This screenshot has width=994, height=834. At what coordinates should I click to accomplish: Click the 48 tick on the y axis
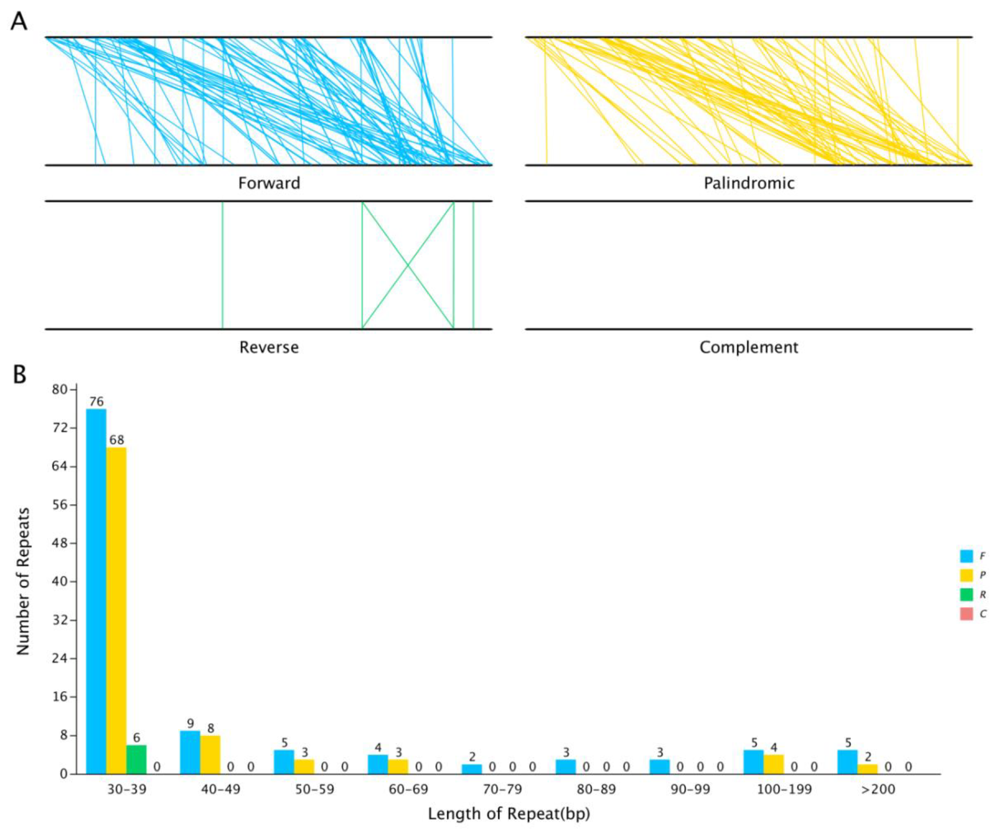(60, 543)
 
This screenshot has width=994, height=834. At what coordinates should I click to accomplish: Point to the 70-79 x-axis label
(502, 789)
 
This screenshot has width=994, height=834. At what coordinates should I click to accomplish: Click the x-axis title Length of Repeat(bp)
(509, 814)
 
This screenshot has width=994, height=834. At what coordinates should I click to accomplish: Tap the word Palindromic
(749, 183)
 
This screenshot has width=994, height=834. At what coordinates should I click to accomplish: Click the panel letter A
(19, 21)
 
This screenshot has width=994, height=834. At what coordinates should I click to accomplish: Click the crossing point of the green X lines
(408, 265)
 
